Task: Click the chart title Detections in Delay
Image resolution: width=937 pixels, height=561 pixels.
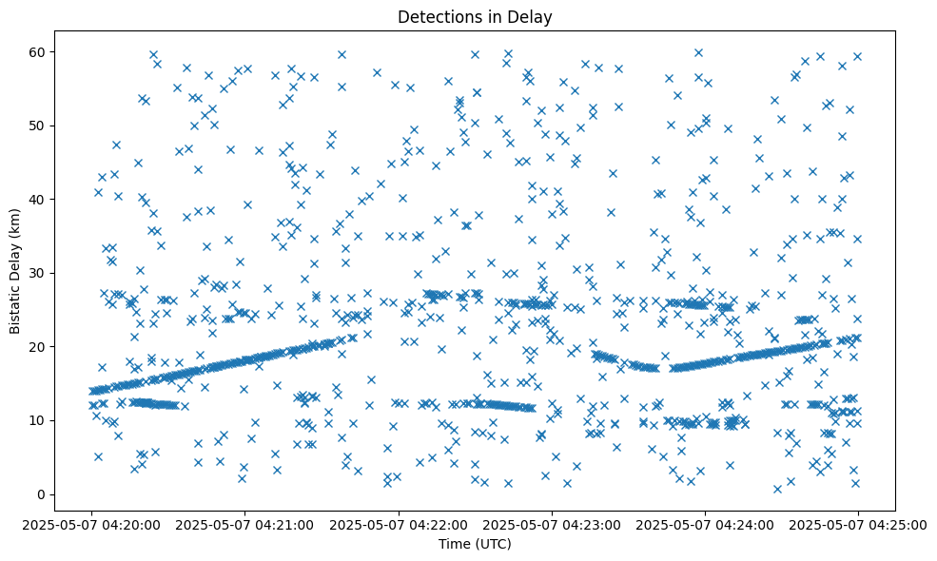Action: tap(475, 17)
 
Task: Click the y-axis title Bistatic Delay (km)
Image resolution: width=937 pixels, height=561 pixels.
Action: tap(16, 272)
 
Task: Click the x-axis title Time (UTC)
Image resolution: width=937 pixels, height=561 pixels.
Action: tap(475, 544)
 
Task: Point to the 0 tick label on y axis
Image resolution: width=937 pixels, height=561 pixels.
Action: tap(42, 494)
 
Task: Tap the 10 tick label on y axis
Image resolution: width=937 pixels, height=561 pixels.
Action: tap(38, 420)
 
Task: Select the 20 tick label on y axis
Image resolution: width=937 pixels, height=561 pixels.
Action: tap(38, 346)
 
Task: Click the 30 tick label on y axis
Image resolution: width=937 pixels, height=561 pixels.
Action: tap(38, 273)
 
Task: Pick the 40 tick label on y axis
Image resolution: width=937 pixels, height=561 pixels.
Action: tap(38, 199)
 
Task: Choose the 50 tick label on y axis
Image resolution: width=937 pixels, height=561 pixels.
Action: tap(38, 126)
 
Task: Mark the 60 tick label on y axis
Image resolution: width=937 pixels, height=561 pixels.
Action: tap(38, 51)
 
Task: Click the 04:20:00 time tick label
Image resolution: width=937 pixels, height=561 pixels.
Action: tap(91, 523)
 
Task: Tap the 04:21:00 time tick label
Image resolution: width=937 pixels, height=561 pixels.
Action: tap(244, 523)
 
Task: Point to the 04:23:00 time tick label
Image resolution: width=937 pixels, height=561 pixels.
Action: tap(552, 523)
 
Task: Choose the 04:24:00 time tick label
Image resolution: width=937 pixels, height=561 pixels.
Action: tap(705, 523)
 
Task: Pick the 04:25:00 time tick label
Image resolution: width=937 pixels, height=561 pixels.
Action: tap(858, 523)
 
